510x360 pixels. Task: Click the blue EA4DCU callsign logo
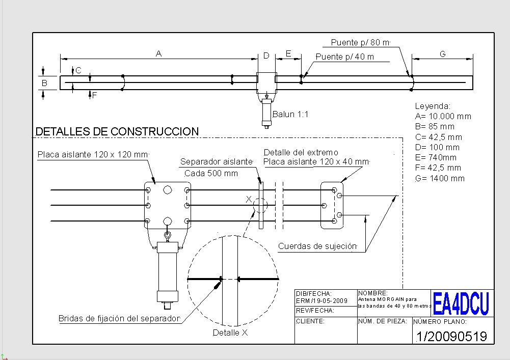click(x=461, y=303)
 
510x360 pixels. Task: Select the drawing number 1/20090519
click(x=451, y=336)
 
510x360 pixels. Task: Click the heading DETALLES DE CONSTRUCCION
click(x=117, y=131)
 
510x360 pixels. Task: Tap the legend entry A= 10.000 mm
click(x=443, y=116)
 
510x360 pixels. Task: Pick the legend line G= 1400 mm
click(x=440, y=178)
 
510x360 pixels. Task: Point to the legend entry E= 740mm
click(x=436, y=157)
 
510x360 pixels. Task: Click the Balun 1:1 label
click(x=290, y=115)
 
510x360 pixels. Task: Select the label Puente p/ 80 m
click(x=360, y=42)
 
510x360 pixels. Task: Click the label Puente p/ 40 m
click(x=344, y=57)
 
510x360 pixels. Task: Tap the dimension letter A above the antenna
click(x=159, y=53)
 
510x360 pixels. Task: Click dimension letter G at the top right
click(x=442, y=54)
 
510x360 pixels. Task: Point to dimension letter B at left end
click(x=44, y=82)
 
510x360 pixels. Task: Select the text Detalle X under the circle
click(x=230, y=333)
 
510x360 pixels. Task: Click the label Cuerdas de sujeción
click(x=317, y=246)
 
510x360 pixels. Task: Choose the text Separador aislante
click(x=217, y=161)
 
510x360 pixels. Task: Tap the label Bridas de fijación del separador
click(x=119, y=318)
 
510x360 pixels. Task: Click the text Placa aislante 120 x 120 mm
click(x=93, y=154)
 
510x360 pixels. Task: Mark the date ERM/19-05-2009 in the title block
click(x=321, y=300)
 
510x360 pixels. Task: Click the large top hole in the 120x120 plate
click(x=167, y=189)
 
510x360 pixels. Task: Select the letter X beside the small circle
click(x=249, y=199)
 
